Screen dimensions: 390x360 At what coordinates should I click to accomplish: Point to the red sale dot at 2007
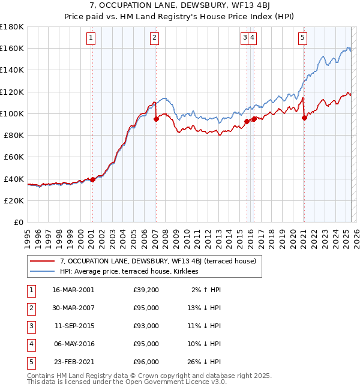(156, 119)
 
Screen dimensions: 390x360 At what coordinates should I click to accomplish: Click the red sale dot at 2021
(304, 118)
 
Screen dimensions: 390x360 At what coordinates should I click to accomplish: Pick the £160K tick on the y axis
(12, 48)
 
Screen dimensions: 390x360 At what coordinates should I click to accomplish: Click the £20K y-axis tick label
(14, 200)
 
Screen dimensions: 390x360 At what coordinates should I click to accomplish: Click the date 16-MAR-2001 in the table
(73, 290)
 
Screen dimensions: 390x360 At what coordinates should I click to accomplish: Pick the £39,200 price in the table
(146, 290)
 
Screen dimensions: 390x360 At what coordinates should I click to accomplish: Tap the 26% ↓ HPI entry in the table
(206, 362)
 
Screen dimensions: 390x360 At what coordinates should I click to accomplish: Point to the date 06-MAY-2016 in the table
(73, 344)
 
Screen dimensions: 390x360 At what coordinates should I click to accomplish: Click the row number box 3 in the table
(29, 326)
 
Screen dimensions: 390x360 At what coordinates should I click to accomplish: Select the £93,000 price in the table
(146, 326)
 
